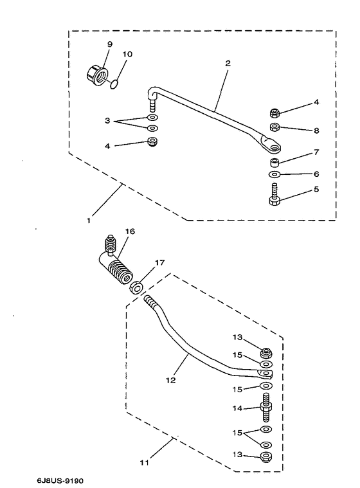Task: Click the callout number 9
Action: tap(110, 44)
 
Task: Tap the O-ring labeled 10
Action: tap(114, 84)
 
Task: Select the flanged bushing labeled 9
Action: tap(96, 75)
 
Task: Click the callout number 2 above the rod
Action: tap(228, 64)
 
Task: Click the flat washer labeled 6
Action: tap(274, 174)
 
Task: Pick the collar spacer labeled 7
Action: tap(274, 163)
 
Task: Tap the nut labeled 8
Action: tap(274, 127)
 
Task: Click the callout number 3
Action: tap(107, 120)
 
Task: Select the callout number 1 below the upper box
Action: tap(89, 221)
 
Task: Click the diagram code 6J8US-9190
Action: tap(60, 481)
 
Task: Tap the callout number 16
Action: tap(130, 231)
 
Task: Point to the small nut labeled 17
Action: tap(136, 287)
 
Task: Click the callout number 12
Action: tap(171, 380)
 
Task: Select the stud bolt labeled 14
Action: tap(265, 407)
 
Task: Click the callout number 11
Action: tap(145, 462)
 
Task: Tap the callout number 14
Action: tap(237, 408)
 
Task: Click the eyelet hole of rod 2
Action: tap(274, 147)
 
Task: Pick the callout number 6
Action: tap(316, 174)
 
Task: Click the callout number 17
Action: tap(159, 263)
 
